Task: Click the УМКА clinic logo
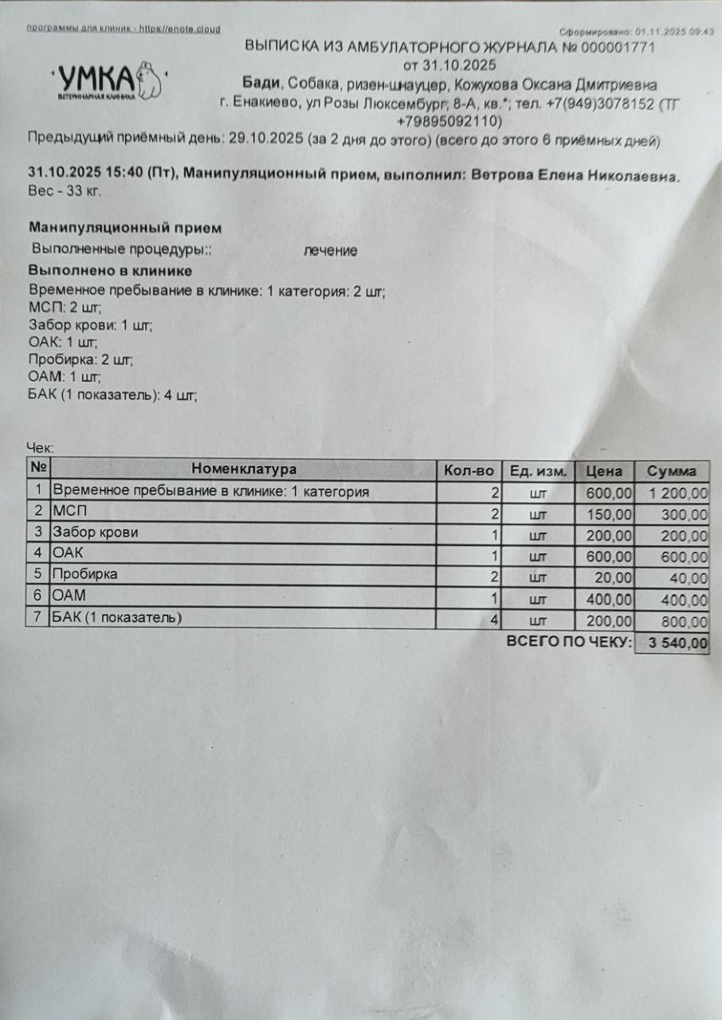[108, 80]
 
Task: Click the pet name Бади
[261, 84]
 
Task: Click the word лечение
[330, 251]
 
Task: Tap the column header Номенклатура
[243, 469]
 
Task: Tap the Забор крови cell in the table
[95, 532]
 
